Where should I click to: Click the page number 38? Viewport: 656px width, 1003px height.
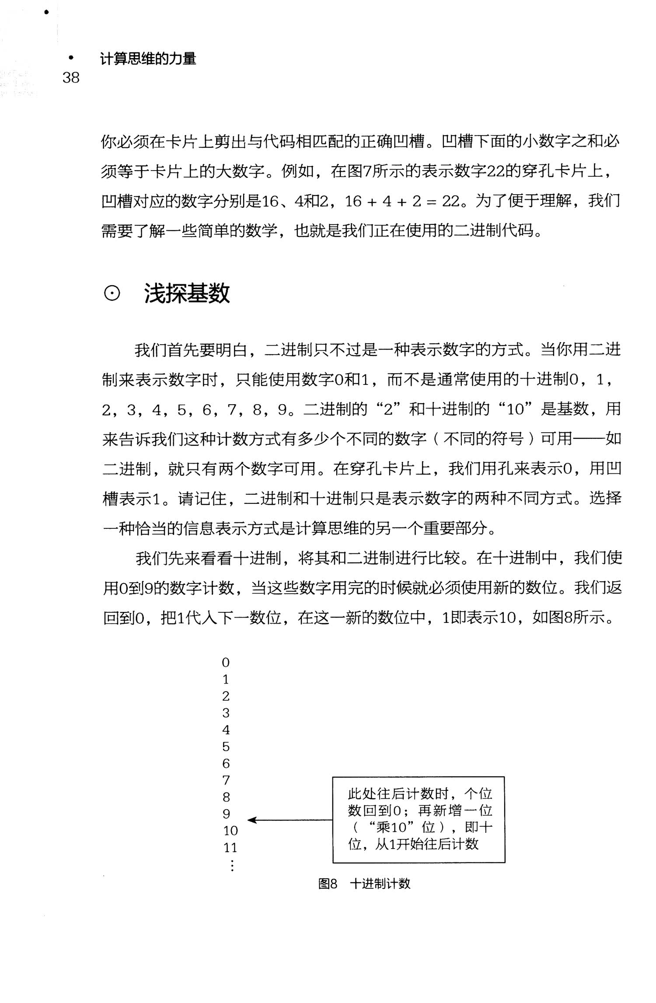click(x=71, y=78)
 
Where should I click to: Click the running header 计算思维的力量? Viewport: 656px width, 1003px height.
click(x=148, y=59)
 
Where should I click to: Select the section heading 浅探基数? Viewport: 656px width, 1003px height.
click(x=187, y=294)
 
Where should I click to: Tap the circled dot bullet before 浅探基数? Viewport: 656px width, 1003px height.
click(x=112, y=294)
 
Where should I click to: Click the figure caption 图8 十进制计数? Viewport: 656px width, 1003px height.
click(x=364, y=884)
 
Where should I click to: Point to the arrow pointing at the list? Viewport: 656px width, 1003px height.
click(x=289, y=820)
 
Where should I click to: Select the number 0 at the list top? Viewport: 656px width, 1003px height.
click(x=226, y=663)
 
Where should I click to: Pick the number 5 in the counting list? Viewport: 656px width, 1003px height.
click(x=226, y=747)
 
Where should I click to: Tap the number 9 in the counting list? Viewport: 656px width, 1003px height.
click(x=226, y=814)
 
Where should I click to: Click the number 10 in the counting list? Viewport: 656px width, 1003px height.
click(x=230, y=831)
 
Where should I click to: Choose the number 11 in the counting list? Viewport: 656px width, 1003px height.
click(x=230, y=848)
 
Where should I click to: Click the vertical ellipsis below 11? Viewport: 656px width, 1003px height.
click(x=232, y=865)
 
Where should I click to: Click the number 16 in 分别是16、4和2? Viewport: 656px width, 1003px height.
click(x=271, y=201)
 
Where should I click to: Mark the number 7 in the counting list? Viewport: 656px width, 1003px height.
click(x=226, y=780)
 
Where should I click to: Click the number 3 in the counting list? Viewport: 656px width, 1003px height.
click(x=226, y=713)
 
